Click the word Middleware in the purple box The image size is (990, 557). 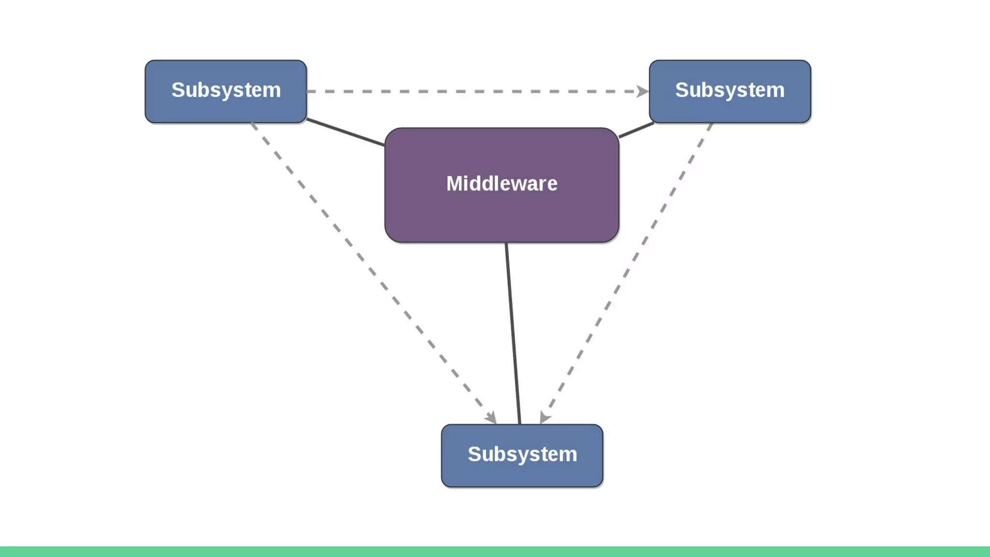point(502,184)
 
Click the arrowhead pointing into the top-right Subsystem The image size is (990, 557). point(642,91)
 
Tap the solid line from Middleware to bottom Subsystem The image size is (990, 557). point(513,334)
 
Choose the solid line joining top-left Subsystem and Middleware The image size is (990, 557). point(346,132)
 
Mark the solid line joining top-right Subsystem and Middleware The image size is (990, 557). point(636,130)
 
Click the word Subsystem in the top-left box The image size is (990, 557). point(226,90)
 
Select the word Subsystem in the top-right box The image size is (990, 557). point(730,90)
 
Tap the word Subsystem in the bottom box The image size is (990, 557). point(522,454)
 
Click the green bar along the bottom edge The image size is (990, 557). point(495,552)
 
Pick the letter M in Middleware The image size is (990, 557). point(455,184)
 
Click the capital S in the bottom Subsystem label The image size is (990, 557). point(475,454)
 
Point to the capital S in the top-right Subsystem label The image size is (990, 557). point(683,90)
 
